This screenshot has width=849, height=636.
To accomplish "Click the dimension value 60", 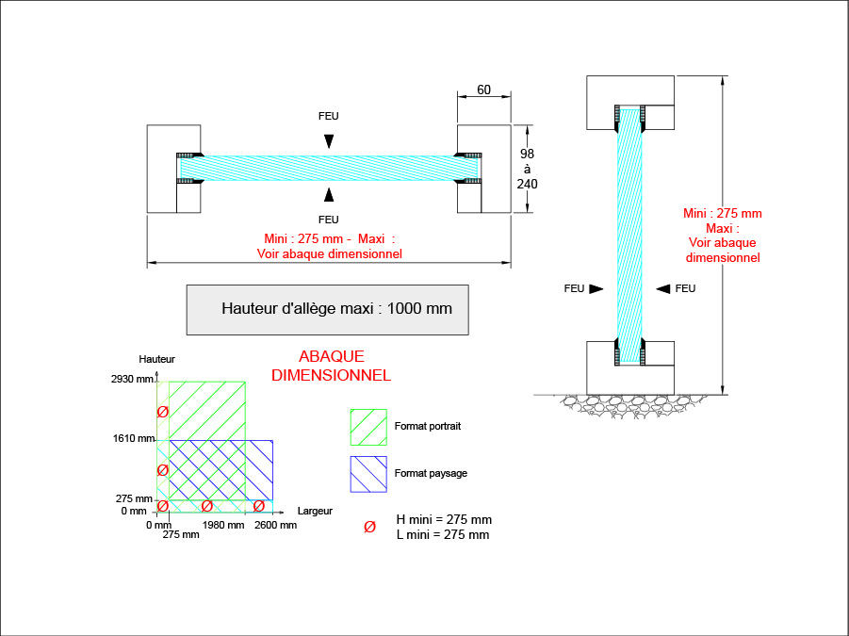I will [483, 90].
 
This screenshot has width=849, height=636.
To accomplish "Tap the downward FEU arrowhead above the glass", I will [328, 140].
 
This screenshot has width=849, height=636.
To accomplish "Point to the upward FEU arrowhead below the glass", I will [328, 194].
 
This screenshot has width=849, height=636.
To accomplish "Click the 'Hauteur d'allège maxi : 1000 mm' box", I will [327, 309].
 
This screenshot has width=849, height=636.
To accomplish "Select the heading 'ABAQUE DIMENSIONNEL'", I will [331, 366].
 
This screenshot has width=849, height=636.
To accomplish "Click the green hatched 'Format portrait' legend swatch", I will [368, 426].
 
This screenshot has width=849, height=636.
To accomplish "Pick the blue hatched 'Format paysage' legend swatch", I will [368, 474].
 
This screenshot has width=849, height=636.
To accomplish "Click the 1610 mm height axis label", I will [132, 439].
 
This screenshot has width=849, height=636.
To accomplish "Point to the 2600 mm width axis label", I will [275, 525].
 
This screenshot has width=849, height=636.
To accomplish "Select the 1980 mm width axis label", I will [223, 525].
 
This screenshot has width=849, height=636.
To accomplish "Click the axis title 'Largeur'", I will [315, 511].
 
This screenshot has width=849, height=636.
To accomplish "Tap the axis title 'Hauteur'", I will [156, 359].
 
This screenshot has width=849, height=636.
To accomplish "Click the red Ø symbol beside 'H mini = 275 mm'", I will [369, 526].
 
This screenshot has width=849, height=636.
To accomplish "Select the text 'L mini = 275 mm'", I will [443, 535].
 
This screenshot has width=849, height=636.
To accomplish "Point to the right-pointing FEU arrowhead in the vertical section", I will [596, 289].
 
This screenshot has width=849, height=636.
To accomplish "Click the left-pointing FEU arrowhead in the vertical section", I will [663, 288].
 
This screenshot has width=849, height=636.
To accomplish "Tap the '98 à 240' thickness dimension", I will [527, 169].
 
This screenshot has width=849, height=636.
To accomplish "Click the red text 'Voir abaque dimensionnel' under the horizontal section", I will [329, 253].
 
